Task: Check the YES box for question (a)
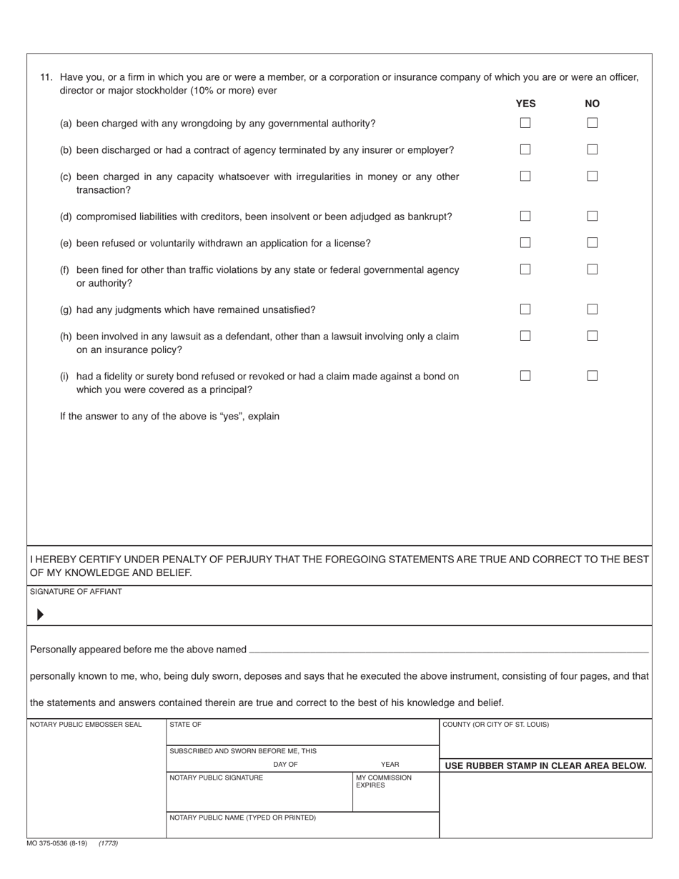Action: (525, 123)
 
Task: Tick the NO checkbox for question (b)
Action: (593, 149)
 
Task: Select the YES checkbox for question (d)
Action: (525, 216)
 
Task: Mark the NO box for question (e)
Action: (593, 242)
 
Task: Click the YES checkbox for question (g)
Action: (525, 309)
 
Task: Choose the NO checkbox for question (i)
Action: (593, 375)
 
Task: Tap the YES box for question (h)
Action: (525, 335)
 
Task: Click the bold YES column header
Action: (525, 104)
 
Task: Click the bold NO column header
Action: (593, 104)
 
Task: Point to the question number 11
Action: (46, 77)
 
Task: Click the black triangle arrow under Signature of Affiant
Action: (40, 614)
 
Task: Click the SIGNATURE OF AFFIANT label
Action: (76, 592)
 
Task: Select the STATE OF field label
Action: (185, 725)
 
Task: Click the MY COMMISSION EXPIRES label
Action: (383, 781)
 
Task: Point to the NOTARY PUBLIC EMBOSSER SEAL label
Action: (86, 725)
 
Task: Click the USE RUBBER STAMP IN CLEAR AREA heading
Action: (545, 766)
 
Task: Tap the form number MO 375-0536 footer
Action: (56, 843)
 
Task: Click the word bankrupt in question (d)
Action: (429, 217)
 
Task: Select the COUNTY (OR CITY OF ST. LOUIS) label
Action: (496, 725)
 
